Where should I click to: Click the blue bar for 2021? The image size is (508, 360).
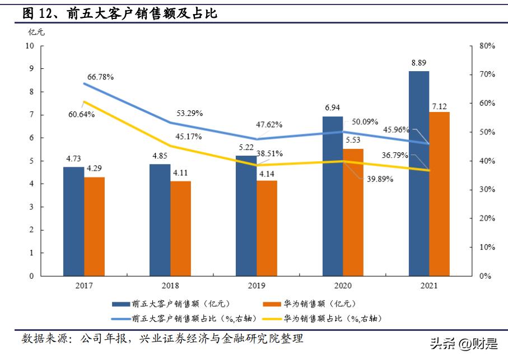pos(419,174)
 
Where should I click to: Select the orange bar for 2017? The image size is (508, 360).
pos(95,226)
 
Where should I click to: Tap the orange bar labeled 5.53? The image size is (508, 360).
pos(353,212)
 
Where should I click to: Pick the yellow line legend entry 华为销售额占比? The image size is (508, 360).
pos(330,318)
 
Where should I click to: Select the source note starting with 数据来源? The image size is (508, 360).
pos(162,339)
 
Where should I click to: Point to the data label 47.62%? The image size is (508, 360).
pos(268,124)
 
